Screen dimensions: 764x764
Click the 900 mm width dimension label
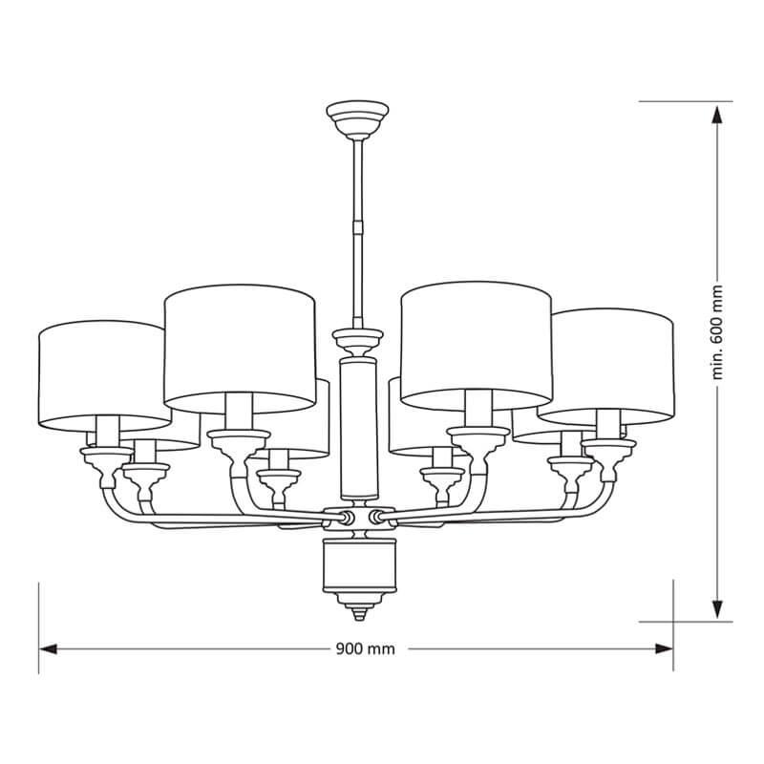(x=366, y=649)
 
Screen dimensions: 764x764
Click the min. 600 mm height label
(x=717, y=332)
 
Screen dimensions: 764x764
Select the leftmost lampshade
(x=104, y=375)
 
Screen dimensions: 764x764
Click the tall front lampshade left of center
(x=240, y=349)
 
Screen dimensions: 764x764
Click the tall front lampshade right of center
(x=477, y=346)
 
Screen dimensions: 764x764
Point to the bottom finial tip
(x=359, y=618)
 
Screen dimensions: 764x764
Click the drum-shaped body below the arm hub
(x=360, y=564)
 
